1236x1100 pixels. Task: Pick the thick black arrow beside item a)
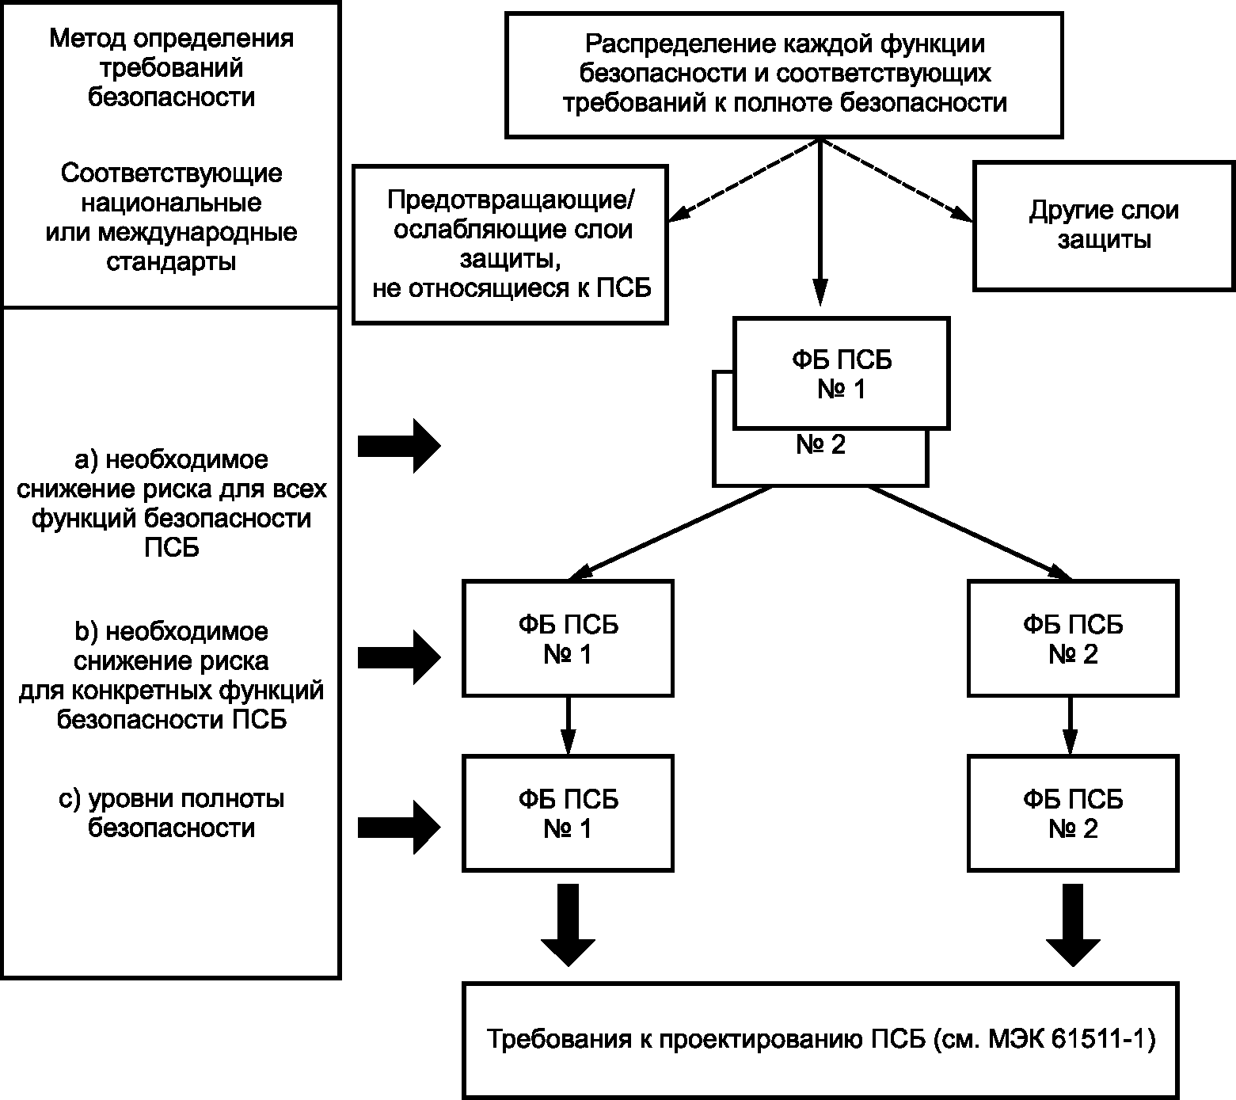[399, 446]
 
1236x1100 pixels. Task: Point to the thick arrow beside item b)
[399, 657]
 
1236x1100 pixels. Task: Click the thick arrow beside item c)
[399, 828]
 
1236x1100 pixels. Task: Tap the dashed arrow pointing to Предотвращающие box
[744, 181]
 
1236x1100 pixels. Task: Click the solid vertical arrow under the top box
[820, 223]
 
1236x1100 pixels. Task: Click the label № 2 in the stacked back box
[820, 445]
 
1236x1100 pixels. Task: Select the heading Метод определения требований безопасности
[171, 68]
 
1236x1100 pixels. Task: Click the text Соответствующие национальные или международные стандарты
[171, 217]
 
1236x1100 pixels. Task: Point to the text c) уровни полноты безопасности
[171, 813]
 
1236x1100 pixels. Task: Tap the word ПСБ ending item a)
[172, 548]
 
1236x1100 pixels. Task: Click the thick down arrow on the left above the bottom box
[568, 925]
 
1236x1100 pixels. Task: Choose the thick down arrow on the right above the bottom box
[1073, 925]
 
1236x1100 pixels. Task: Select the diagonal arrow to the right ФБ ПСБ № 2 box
[971, 533]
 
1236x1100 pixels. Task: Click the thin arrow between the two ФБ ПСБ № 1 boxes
[568, 726]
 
